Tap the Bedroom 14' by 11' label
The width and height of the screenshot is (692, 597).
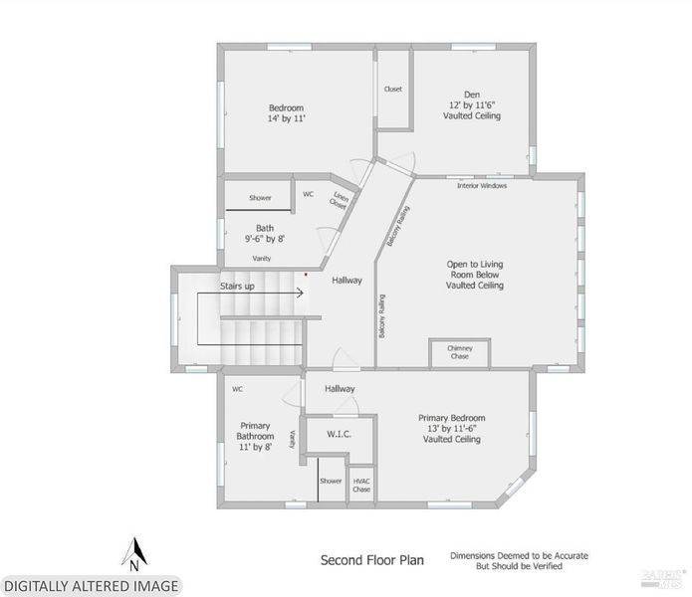(x=287, y=112)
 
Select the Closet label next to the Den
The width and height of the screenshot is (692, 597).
(x=392, y=90)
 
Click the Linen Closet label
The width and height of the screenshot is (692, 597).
(x=339, y=200)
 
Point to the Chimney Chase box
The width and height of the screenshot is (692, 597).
(x=459, y=353)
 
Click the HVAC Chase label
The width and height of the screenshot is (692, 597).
(x=361, y=486)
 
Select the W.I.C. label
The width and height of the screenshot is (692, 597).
(x=339, y=434)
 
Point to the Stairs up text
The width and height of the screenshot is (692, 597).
(x=237, y=287)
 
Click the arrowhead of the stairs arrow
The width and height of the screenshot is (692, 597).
(x=301, y=293)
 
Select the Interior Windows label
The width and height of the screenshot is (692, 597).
(x=482, y=186)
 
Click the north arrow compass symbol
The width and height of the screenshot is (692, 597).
(x=134, y=554)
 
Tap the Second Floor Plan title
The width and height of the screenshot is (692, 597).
(x=372, y=560)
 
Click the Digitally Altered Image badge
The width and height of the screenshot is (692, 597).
(x=92, y=586)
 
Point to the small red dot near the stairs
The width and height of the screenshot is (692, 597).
(x=306, y=275)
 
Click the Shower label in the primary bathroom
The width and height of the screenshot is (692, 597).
(x=331, y=481)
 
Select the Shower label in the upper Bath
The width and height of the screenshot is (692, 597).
(x=260, y=198)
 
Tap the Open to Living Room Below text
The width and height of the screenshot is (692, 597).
(x=474, y=270)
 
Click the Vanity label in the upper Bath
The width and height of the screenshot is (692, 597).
(x=262, y=259)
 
